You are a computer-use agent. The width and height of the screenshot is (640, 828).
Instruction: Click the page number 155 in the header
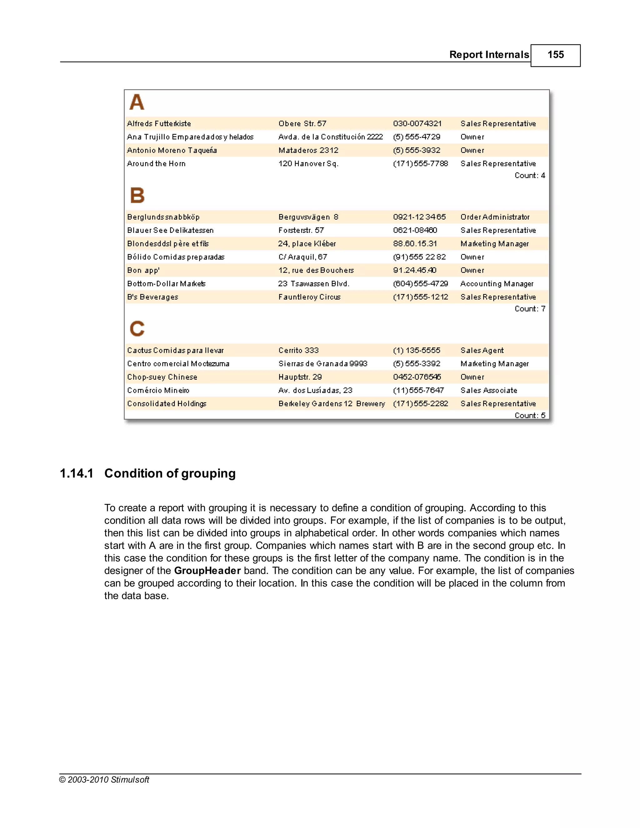(x=555, y=55)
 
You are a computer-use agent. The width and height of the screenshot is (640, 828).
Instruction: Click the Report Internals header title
(x=489, y=55)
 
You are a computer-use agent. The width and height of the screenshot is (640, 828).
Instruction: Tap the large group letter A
(x=137, y=102)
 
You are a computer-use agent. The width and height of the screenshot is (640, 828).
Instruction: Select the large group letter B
(x=137, y=196)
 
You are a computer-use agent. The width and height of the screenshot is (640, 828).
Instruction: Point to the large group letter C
(x=137, y=329)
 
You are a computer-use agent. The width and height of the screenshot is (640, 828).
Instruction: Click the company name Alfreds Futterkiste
(x=159, y=124)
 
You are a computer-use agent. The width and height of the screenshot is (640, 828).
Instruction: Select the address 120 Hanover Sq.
(x=308, y=164)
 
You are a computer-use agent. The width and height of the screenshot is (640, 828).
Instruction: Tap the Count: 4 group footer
(x=529, y=176)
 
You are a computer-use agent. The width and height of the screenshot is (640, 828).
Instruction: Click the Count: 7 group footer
(x=529, y=309)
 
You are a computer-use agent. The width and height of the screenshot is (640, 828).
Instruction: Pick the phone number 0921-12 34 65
(x=419, y=217)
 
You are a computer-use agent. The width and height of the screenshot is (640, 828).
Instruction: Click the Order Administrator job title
(x=495, y=217)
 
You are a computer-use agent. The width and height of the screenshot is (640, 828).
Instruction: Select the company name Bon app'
(x=143, y=270)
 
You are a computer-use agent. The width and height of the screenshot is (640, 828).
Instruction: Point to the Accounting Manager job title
(x=497, y=284)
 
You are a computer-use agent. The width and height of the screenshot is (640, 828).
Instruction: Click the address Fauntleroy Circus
(x=309, y=297)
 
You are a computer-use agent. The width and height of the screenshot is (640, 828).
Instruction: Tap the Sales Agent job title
(x=482, y=351)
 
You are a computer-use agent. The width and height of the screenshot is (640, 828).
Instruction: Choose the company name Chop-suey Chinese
(x=162, y=377)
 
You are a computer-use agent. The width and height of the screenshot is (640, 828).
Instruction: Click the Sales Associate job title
(x=488, y=391)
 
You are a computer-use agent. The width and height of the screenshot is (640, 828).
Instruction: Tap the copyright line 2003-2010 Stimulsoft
(x=104, y=780)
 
